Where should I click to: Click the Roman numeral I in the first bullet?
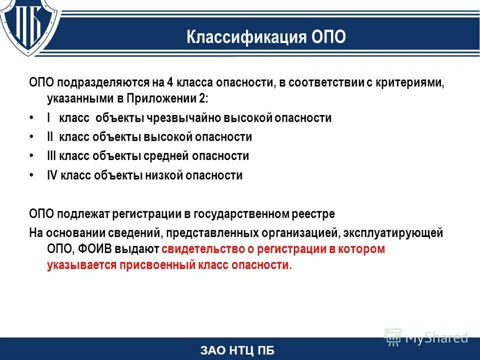(48, 118)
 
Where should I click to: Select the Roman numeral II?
(50, 137)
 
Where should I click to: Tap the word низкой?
(165, 175)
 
